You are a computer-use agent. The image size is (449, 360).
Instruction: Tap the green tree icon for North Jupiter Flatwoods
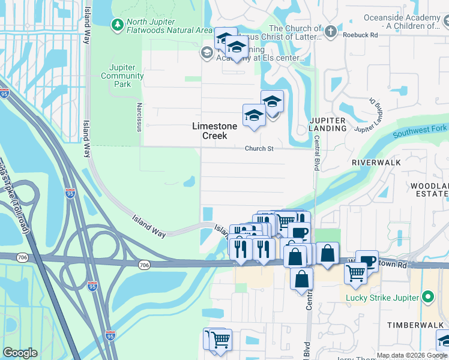117,25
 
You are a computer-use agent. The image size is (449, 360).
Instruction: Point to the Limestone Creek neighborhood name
218,131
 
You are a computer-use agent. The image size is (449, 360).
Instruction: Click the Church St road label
259,148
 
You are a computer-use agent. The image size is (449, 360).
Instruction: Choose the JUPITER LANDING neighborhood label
328,124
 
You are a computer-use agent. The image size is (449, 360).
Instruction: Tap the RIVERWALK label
376,163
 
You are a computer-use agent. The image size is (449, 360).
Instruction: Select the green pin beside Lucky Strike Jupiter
428,296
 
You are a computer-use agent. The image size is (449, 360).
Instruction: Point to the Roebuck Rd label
360,35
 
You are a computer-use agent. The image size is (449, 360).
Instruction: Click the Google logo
20,353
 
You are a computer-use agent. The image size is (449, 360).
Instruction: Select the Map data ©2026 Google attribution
412,356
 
